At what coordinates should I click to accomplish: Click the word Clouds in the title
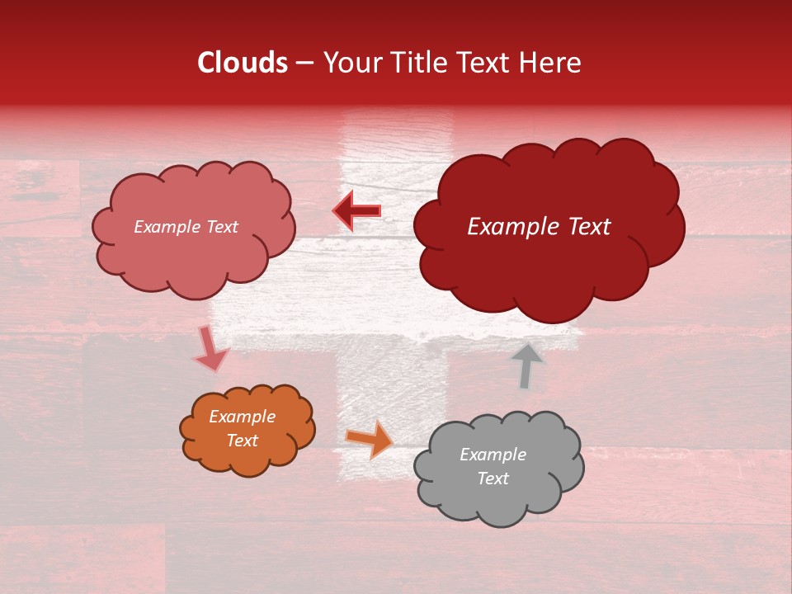pos(243,63)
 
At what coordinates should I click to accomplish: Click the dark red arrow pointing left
pos(357,212)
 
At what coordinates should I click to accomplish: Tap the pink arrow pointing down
pos(210,349)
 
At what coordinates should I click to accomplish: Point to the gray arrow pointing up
pos(526,365)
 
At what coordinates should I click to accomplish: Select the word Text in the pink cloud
pos(222,227)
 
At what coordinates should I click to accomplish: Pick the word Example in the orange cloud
pos(243,417)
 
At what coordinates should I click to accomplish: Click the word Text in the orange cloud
pos(243,441)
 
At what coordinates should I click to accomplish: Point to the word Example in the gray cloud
pos(493,455)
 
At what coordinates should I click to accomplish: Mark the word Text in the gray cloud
pos(493,478)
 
